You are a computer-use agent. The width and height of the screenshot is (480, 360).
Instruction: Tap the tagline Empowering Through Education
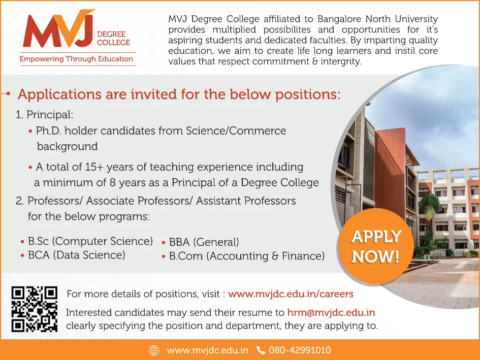pos(76,59)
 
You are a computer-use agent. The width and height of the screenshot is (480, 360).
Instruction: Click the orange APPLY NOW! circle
pos(376,246)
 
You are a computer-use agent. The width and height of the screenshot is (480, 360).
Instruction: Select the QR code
pos(34,309)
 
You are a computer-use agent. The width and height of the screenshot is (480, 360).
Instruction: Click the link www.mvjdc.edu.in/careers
pos(291,294)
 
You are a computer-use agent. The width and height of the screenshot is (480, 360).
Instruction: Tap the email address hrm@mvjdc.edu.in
pos(331,313)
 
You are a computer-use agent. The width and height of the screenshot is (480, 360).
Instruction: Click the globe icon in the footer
pos(154,350)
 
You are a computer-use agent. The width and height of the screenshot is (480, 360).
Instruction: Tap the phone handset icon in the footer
pos(261,350)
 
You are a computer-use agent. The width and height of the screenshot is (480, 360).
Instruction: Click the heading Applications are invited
pos(179,94)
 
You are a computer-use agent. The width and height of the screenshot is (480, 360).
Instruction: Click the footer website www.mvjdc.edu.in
pos(207,350)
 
